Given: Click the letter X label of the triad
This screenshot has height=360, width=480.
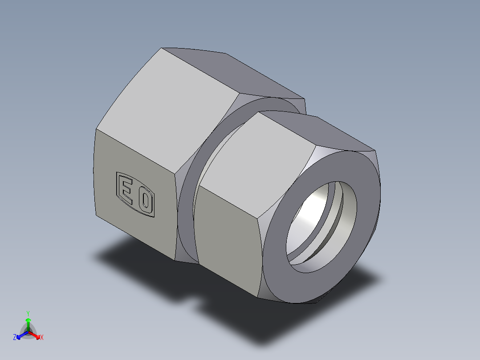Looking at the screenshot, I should [42, 338].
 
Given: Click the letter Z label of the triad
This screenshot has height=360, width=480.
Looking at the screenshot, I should [15, 337].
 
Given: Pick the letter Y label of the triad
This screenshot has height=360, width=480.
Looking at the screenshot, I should [28, 313].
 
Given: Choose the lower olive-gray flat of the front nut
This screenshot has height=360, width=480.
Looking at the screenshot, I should [227, 241].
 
